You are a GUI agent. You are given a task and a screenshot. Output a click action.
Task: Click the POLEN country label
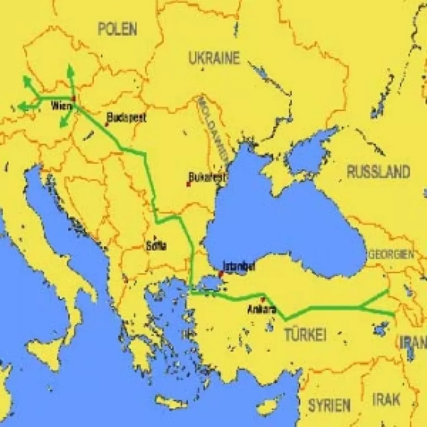(117, 29)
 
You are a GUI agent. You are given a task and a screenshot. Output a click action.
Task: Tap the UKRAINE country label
(214, 58)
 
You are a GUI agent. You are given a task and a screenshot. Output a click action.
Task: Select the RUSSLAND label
(378, 172)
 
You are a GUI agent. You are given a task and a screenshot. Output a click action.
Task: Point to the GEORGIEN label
(391, 254)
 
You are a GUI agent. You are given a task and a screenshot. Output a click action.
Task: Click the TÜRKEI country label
(305, 335)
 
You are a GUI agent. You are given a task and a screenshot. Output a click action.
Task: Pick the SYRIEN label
(329, 405)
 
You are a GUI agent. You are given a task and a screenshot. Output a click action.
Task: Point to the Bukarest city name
(207, 177)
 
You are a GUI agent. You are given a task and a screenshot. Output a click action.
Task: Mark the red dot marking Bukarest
(188, 184)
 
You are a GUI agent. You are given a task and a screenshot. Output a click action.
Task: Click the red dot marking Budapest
(106, 124)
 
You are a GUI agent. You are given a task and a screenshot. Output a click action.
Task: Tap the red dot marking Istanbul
(221, 273)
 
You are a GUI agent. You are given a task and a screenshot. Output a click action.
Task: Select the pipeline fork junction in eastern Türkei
(361, 306)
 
